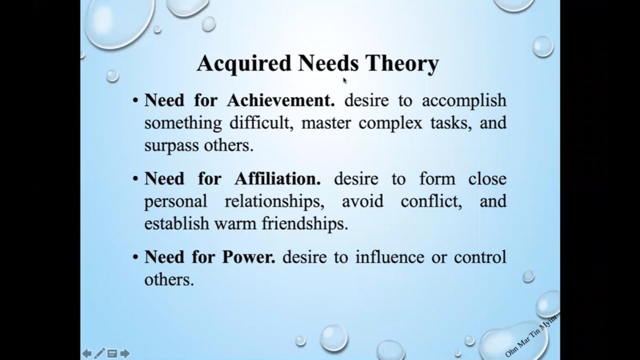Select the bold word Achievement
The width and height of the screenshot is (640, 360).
281,100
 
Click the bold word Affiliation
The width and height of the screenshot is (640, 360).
277,179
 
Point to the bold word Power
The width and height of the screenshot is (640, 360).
249,257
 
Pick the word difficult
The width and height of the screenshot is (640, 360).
262,123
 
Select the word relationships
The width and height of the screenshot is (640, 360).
275,202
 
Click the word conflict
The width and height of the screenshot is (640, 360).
432,202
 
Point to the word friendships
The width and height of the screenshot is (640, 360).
305,224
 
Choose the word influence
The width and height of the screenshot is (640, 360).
390,257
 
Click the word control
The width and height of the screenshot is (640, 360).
480,257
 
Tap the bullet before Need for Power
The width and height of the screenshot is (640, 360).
135,257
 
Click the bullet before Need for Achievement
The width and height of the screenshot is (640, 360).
135,101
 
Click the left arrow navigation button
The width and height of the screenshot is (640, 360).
87,353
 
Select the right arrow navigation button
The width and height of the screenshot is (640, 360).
125,353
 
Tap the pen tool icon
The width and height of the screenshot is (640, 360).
99,353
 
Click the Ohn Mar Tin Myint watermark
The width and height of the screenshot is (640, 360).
531,336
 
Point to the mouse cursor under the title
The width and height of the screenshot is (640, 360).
345,81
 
